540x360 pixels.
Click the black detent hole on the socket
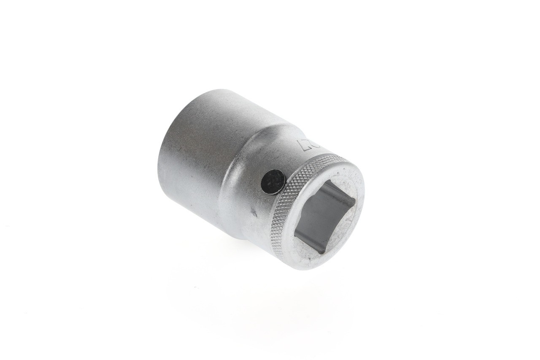(x=273, y=181)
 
